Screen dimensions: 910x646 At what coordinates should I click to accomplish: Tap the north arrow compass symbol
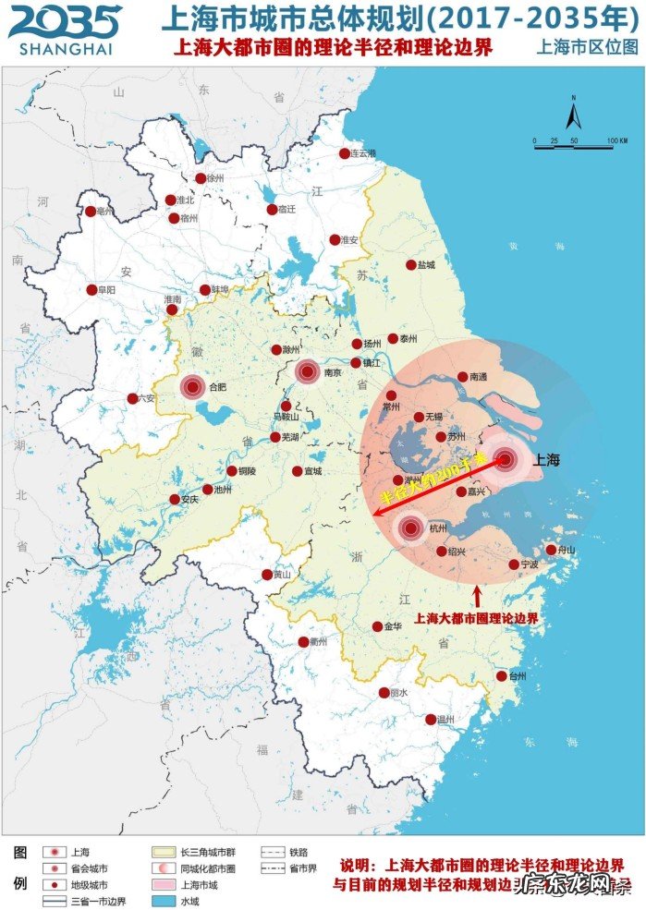[572, 115]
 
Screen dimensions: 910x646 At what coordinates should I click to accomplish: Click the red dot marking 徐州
[201, 179]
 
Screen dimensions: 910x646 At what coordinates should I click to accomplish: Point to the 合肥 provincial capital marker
[193, 388]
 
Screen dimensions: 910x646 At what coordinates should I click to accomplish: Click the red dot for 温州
[431, 720]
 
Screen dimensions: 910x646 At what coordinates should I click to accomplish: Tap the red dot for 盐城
[411, 265]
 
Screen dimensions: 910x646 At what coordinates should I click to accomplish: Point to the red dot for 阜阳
[91, 289]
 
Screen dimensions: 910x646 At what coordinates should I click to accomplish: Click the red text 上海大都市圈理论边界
[476, 618]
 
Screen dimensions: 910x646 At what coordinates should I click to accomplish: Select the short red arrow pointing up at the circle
[477, 595]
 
